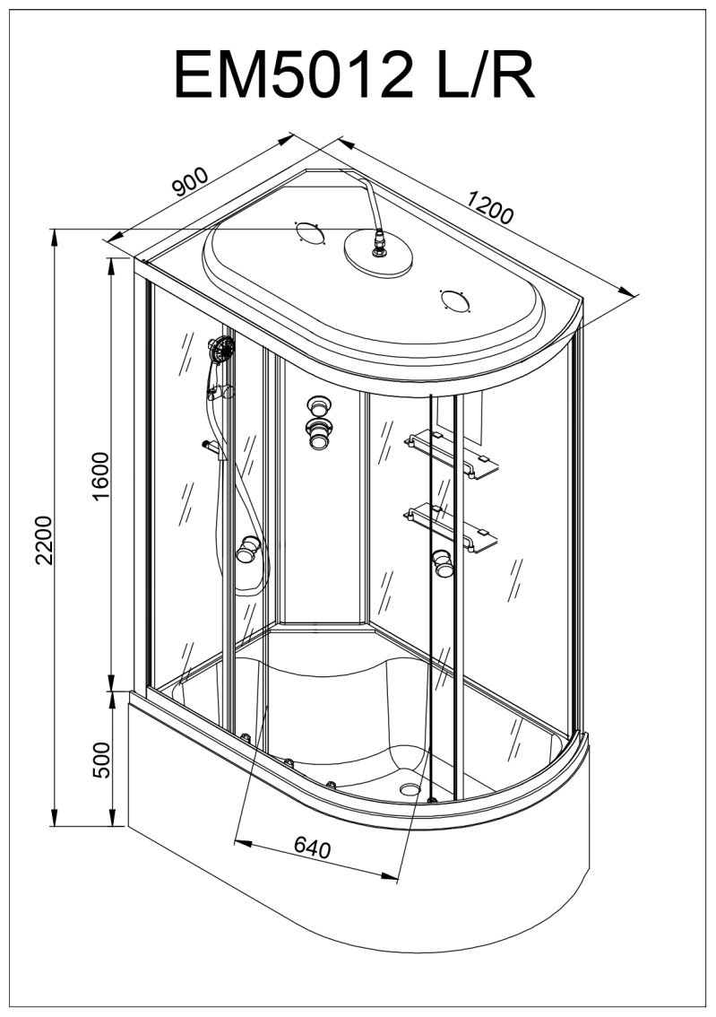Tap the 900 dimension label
coord(191,181)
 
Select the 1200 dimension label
coord(490,207)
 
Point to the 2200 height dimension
coord(44,540)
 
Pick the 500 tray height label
coord(102,760)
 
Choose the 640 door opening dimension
coord(313,847)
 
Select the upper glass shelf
coord(452,455)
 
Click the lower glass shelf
coord(452,528)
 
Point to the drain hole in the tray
coord(410,789)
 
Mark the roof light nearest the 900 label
coord(309,232)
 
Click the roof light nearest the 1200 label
coord(455,300)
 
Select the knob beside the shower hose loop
coord(247,549)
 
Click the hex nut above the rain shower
coord(378,243)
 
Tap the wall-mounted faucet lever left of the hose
coord(211,447)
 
